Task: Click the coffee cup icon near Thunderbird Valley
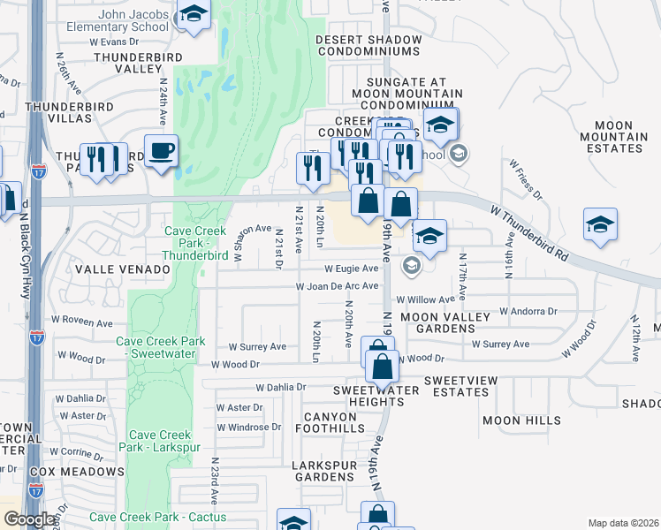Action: pyautogui.click(x=161, y=151)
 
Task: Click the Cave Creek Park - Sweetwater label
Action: pyautogui.click(x=160, y=347)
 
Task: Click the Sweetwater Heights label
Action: pyautogui.click(x=368, y=396)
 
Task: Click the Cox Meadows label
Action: pyautogui.click(x=77, y=472)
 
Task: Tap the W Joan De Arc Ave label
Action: pyautogui.click(x=337, y=286)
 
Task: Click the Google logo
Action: pyautogui.click(x=30, y=519)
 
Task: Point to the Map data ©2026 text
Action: pyautogui.click(x=623, y=523)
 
